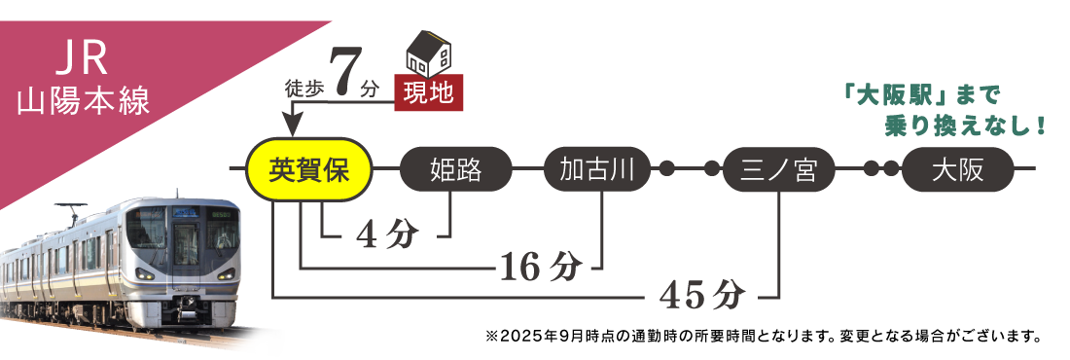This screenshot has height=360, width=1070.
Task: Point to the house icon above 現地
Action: [428, 54]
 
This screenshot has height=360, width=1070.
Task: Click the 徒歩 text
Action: [303, 89]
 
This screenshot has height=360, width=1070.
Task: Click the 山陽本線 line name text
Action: [84, 102]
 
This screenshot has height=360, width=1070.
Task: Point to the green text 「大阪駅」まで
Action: [921, 95]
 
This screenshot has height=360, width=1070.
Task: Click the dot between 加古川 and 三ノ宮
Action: [667, 169]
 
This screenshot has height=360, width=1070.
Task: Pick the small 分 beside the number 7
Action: [369, 89]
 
